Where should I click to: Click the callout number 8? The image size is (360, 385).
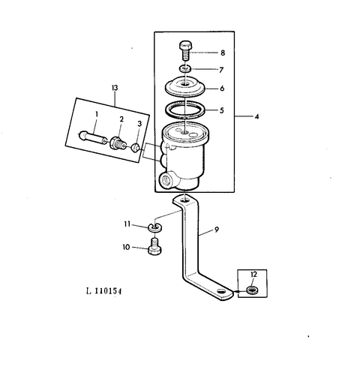[223, 53]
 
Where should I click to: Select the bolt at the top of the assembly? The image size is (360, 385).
[184, 51]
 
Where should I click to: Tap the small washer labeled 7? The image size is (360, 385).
[185, 68]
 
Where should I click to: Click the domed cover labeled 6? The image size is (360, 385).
[185, 86]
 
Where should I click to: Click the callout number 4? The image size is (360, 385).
[256, 116]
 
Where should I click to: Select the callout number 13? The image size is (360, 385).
[115, 88]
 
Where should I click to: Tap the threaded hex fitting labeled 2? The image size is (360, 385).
[118, 143]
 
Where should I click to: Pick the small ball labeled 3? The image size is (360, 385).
[135, 148]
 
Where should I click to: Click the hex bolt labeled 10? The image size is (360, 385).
[154, 247]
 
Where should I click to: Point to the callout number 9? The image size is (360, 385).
[217, 230]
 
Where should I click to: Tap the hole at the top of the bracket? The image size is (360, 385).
[185, 200]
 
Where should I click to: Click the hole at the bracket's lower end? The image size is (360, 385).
[221, 292]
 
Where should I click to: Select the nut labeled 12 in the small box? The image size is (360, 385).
[253, 290]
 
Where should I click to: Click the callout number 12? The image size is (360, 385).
[253, 275]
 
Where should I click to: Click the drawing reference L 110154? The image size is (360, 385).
[103, 291]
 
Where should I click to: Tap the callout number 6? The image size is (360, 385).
[222, 89]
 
